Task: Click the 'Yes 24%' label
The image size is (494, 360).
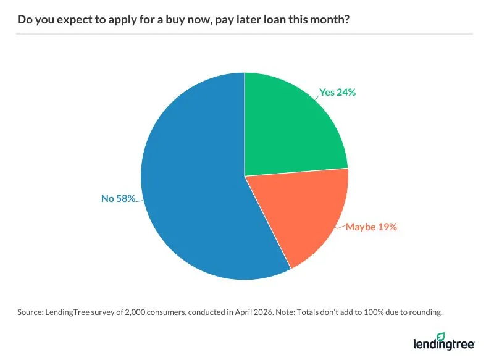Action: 338,93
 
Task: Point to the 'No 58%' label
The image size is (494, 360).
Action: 118,199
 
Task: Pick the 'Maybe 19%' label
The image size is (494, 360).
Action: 371,227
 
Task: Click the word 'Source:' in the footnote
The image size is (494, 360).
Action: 31,312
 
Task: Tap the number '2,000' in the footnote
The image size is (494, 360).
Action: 138,312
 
